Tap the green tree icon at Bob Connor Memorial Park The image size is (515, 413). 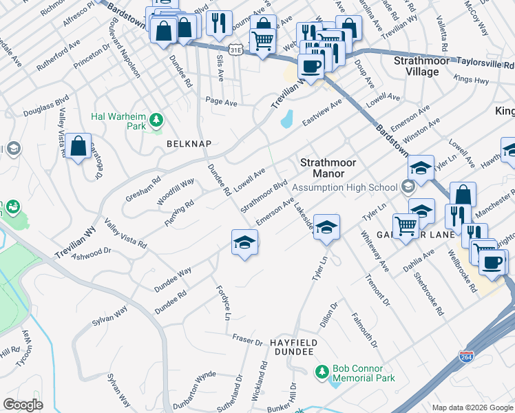tap(322, 372)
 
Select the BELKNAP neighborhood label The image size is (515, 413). tap(188, 143)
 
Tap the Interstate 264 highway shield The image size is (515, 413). tap(466, 357)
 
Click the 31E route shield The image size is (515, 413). tap(236, 50)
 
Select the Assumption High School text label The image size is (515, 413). tap(344, 187)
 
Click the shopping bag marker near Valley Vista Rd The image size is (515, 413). tap(78, 146)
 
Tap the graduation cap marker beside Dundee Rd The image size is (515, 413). tap(244, 243)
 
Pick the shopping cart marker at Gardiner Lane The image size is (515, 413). tap(406, 225)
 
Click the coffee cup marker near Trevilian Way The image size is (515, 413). tap(311, 67)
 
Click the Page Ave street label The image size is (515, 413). tap(222, 102)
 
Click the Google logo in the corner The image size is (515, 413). tap(23, 404)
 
